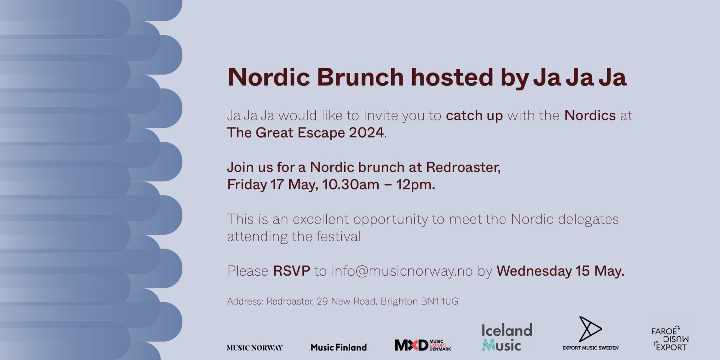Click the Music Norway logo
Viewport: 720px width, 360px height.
[255, 348]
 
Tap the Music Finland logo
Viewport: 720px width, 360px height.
[339, 348]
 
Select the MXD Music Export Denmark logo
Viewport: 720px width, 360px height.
[423, 345]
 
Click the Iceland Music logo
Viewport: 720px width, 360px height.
[507, 337]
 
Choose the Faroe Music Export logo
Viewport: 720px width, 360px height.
[670, 339]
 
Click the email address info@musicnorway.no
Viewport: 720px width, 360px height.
[402, 271]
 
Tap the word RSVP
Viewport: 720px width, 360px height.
[292, 271]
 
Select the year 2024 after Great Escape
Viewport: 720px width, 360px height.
[366, 132]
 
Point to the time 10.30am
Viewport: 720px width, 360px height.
[351, 184]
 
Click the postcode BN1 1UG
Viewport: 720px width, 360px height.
[440, 301]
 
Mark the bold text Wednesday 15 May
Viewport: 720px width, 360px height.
[561, 271]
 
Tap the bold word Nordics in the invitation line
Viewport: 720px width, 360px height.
[590, 115]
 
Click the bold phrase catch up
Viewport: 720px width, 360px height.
[474, 116]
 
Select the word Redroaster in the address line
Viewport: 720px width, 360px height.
[290, 301]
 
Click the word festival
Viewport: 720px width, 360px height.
[339, 236]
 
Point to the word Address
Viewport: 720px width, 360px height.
[245, 301]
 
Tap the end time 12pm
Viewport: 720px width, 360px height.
[415, 184]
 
